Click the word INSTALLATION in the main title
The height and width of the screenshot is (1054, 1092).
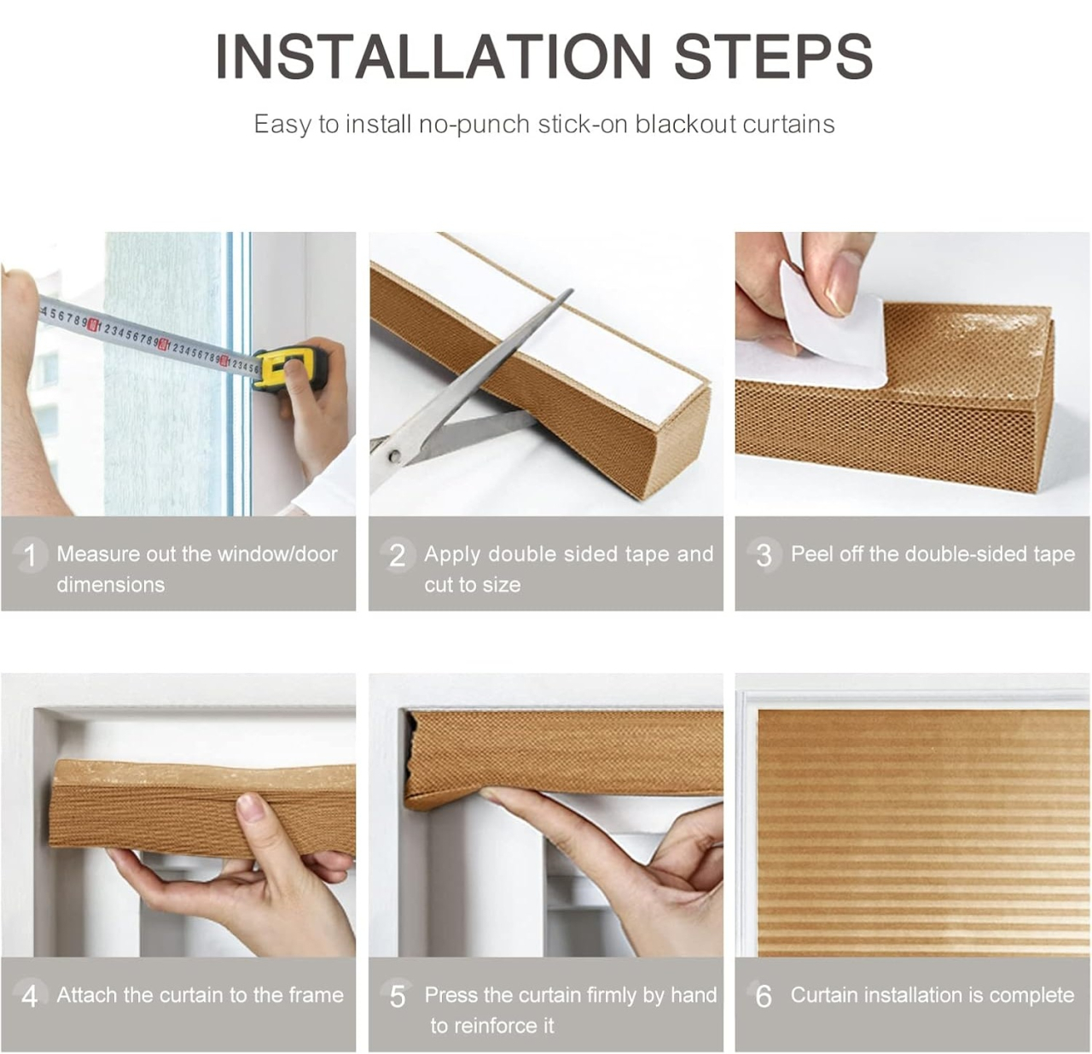coord(433,57)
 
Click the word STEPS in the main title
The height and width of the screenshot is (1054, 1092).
coord(773,57)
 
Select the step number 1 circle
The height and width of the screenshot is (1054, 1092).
coord(30,555)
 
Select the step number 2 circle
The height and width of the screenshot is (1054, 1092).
coord(397,555)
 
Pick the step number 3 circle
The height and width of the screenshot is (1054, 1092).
coord(764,555)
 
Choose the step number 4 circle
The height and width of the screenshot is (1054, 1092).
coord(30,995)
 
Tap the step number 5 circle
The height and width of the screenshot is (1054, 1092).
coord(397,995)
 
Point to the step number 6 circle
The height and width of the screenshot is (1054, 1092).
coord(764,995)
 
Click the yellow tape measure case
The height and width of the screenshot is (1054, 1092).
coord(290,367)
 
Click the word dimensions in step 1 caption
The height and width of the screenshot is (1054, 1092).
coord(111,585)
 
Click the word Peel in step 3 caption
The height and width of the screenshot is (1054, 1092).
coord(811,554)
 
